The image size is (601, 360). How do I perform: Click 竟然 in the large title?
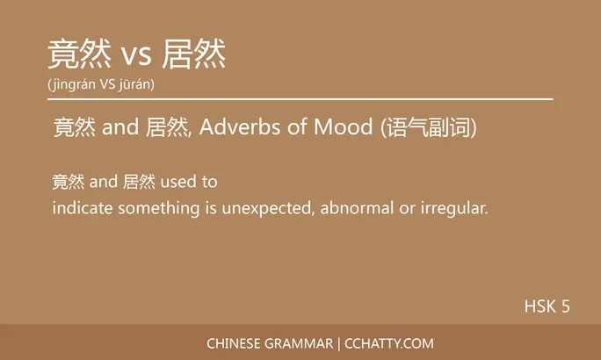tap(79, 54)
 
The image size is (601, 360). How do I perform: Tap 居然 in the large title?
tap(195, 54)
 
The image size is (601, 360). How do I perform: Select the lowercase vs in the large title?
tap(137, 57)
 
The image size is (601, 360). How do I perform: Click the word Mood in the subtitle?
tap(350, 128)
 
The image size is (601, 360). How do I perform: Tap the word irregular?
tap(455, 209)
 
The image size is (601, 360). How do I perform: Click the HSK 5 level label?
tap(547, 306)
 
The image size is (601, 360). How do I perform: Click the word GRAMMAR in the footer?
tap(300, 343)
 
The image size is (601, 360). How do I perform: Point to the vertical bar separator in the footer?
tap(339, 343)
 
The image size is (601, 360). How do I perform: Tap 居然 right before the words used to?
tap(140, 183)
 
